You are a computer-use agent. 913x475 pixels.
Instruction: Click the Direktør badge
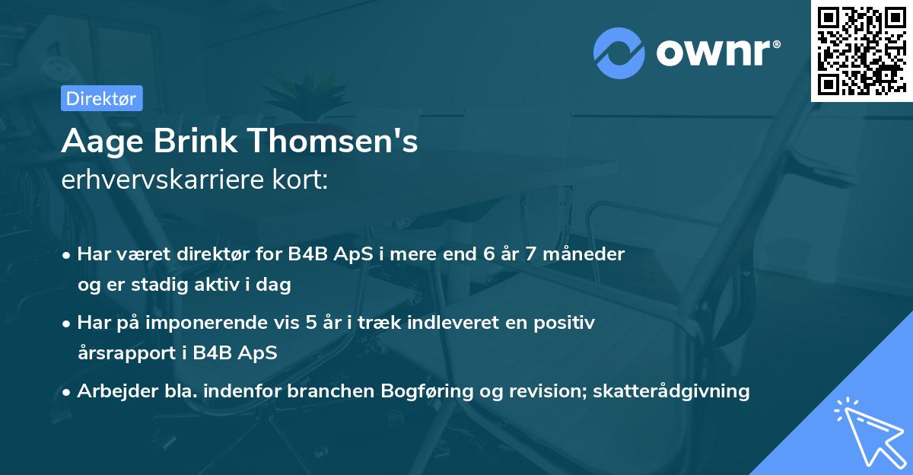pyautogui.click(x=101, y=98)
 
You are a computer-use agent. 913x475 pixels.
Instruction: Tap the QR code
pyautogui.click(x=861, y=50)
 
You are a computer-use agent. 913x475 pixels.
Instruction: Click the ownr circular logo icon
pyautogui.click(x=619, y=53)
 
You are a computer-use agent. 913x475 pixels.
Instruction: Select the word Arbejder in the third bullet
pyautogui.click(x=111, y=391)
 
